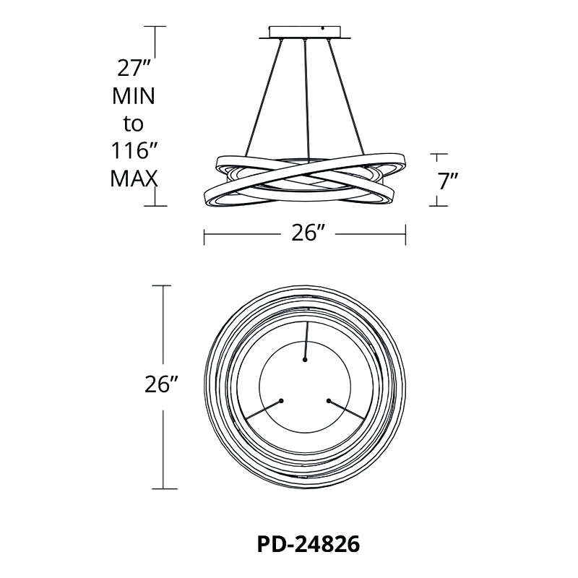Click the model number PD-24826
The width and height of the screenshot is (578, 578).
pyautogui.click(x=309, y=544)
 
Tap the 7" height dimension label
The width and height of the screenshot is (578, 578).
pyautogui.click(x=448, y=181)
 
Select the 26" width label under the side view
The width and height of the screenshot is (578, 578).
pyautogui.click(x=309, y=233)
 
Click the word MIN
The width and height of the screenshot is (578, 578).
pyautogui.click(x=134, y=96)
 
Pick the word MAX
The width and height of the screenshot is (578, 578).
pyautogui.click(x=134, y=178)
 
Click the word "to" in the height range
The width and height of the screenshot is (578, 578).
pyautogui.click(x=133, y=124)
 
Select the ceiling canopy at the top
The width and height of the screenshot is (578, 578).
pyautogui.click(x=305, y=32)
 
